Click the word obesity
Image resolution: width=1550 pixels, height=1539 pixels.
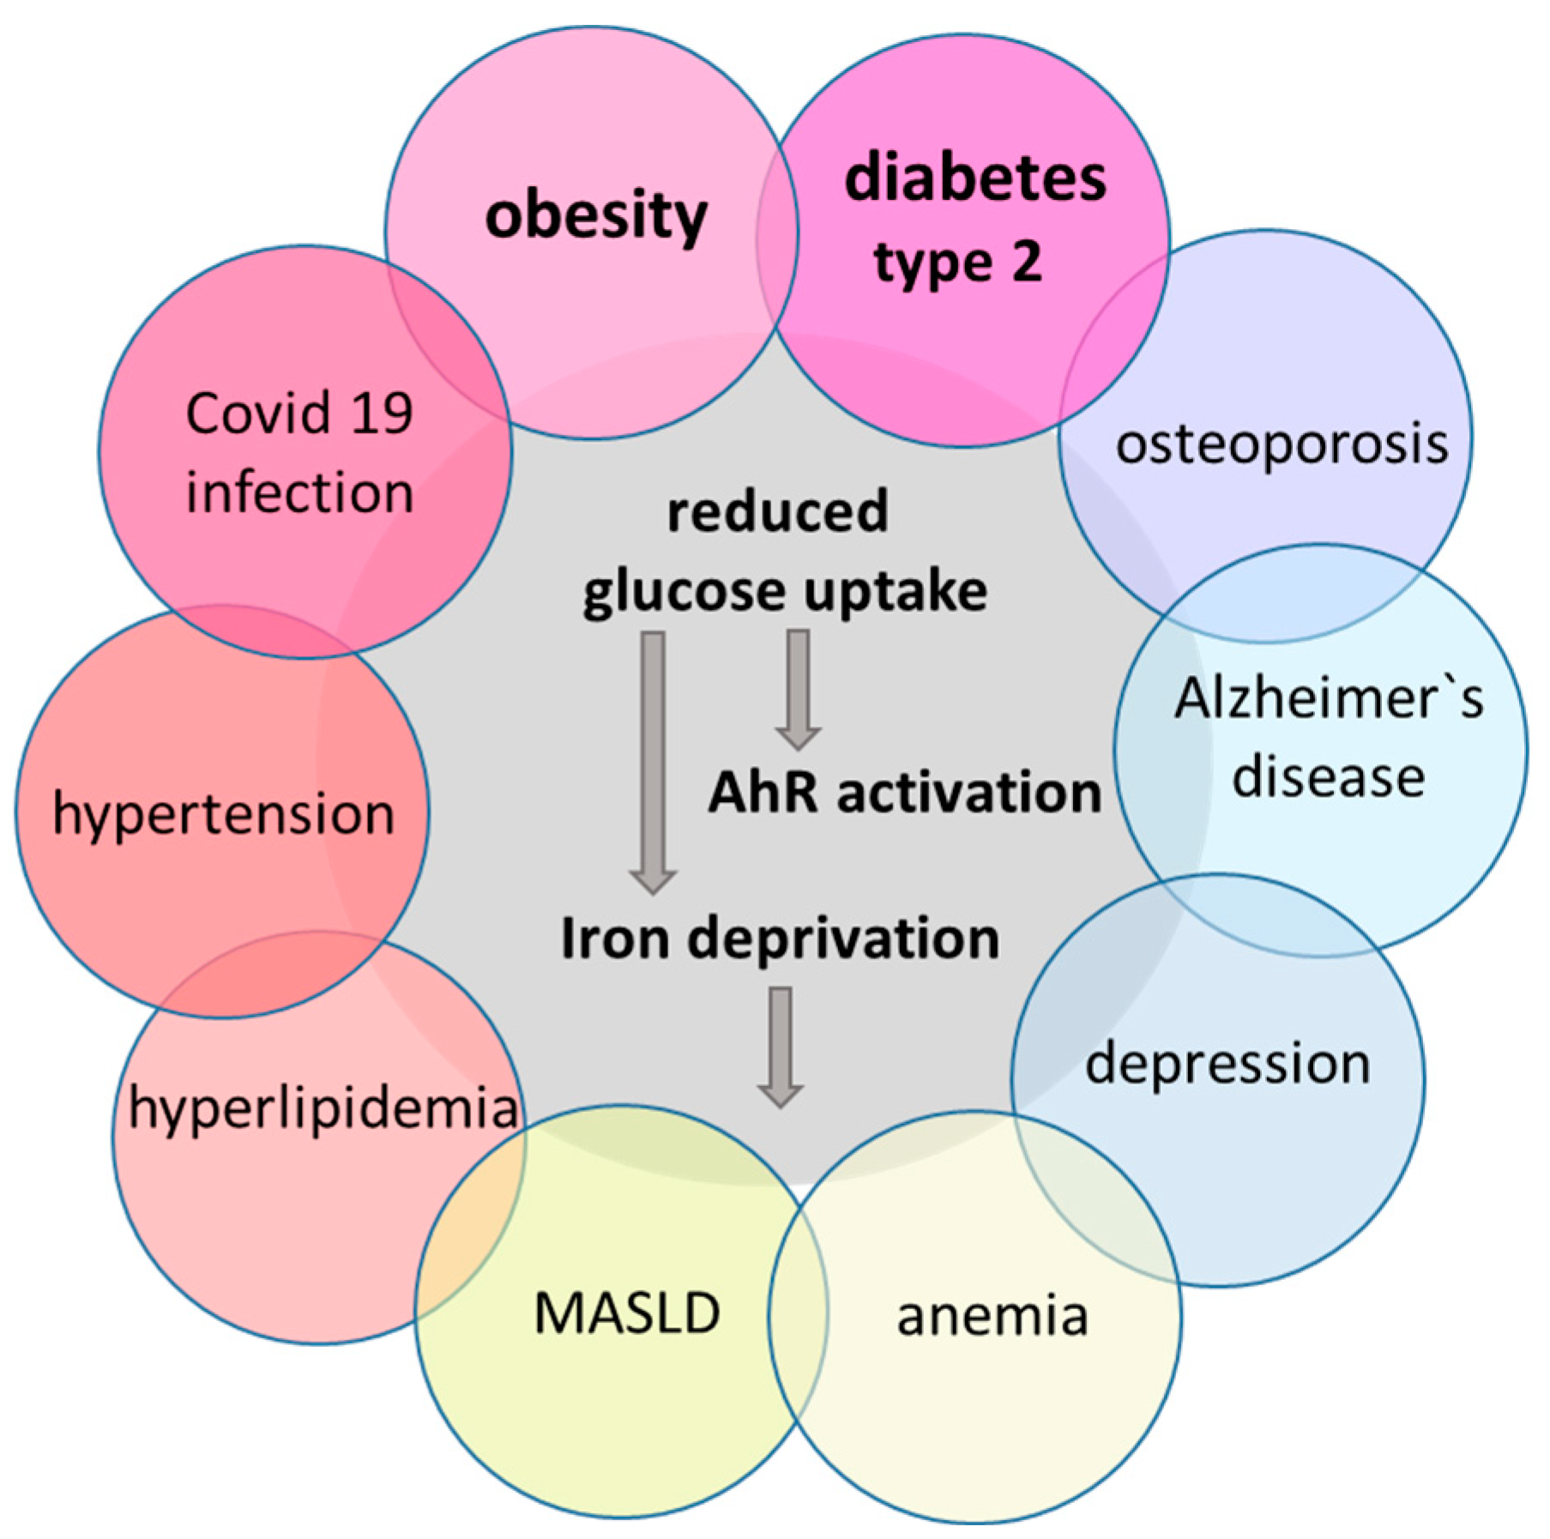pyautogui.click(x=596, y=217)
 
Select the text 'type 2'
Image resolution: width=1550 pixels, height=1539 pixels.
pyautogui.click(x=958, y=262)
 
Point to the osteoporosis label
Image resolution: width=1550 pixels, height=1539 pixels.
pyautogui.click(x=1282, y=445)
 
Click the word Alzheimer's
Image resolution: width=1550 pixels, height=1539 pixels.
pyautogui.click(x=1328, y=698)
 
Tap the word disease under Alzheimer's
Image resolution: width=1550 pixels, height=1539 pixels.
pyautogui.click(x=1328, y=777)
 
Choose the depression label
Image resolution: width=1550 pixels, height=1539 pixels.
pyautogui.click(x=1227, y=1064)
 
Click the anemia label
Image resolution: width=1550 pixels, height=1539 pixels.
pyautogui.click(x=992, y=1315)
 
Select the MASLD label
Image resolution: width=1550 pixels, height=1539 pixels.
pyautogui.click(x=627, y=1313)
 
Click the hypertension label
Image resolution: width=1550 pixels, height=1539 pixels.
pyautogui.click(x=223, y=814)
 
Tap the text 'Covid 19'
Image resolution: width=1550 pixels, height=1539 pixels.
pyautogui.click(x=299, y=413)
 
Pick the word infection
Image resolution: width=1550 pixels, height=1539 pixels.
pyautogui.click(x=299, y=492)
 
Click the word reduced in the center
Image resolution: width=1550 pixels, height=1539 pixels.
pyautogui.click(x=777, y=512)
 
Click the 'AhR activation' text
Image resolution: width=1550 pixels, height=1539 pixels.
pyautogui.click(x=904, y=792)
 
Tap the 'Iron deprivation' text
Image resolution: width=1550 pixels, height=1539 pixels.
pyautogui.click(x=780, y=938)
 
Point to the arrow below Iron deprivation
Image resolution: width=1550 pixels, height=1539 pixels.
pyautogui.click(x=780, y=1046)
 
